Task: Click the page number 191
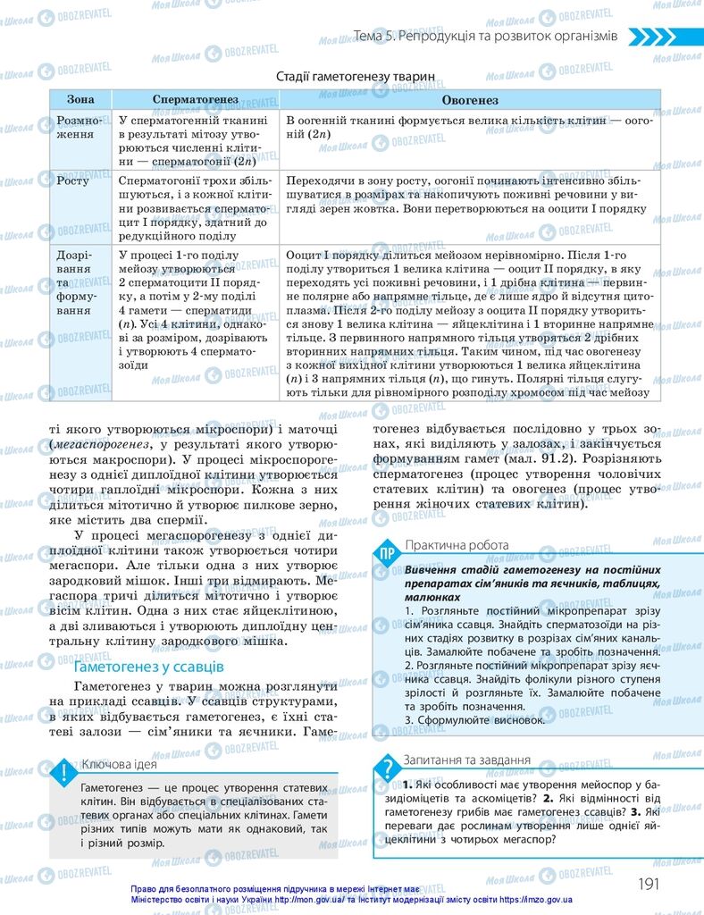[648, 883]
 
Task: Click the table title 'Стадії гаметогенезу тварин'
[355, 77]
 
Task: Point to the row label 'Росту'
[73, 180]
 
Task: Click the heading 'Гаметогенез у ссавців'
[148, 667]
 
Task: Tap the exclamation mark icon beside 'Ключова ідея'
[63, 771]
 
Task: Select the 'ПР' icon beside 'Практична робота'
[387, 551]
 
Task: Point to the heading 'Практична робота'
[457, 545]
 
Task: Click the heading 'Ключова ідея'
[119, 764]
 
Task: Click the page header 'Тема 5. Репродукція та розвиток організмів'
[485, 36]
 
